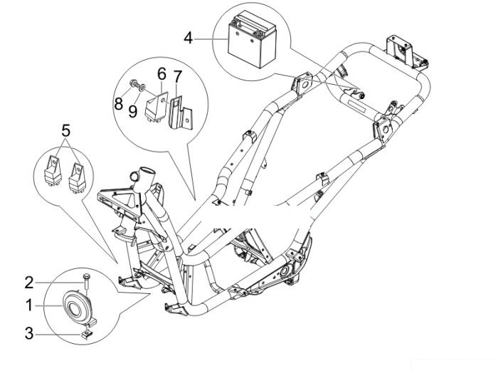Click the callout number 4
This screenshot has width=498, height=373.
coord(189,38)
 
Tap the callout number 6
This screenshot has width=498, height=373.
coord(161,74)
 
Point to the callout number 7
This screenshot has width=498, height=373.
coord(178,77)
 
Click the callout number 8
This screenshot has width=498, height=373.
coord(119,104)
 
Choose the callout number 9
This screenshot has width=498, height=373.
coord(133,111)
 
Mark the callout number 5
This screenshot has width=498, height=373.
coord(66,130)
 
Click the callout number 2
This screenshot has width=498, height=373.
coord(29,283)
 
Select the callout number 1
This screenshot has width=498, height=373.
coord(29,305)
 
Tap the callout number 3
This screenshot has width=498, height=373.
coord(29,334)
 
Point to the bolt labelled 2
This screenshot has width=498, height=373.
coord(86,283)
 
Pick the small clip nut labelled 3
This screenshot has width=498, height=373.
coord(86,334)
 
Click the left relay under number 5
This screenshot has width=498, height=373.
coord(53,170)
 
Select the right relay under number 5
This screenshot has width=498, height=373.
coord(78,177)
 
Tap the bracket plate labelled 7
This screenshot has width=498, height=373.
coord(181,112)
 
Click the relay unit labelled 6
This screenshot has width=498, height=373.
coord(157,106)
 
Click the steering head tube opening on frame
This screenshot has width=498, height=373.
coord(147,170)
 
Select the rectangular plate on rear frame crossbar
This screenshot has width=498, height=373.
coord(357,105)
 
